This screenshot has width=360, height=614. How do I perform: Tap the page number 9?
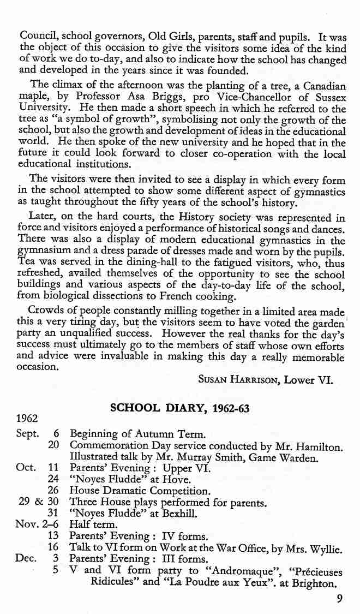click(x=340, y=601)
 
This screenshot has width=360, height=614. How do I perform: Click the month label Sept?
click(x=28, y=435)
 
